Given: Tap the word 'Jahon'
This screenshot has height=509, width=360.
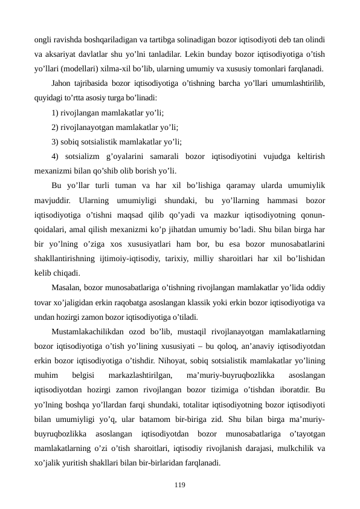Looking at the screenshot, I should (63, 83).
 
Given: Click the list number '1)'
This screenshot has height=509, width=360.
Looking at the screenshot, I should (56, 112).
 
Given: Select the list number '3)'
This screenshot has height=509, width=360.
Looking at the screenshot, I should (56, 142).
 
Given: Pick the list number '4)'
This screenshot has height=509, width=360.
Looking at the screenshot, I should (56, 157).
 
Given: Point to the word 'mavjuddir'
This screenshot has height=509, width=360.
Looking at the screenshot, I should (52, 200).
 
